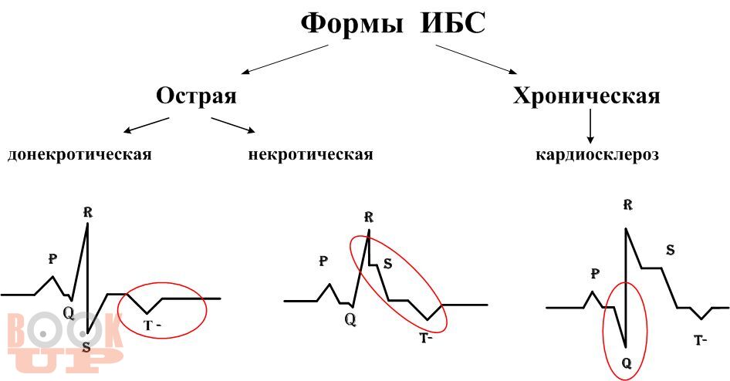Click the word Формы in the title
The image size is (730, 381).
[x=352, y=24]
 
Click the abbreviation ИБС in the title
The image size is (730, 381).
[x=453, y=23]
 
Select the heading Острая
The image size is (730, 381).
[x=196, y=96]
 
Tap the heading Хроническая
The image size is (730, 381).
[x=586, y=96]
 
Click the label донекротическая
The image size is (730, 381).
[x=79, y=154]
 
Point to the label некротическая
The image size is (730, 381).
[x=310, y=154]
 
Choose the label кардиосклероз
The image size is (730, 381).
[x=597, y=154]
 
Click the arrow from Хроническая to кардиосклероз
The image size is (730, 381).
[x=590, y=126]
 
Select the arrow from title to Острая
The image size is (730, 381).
[x=285, y=59]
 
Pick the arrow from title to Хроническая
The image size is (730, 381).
[x=476, y=59]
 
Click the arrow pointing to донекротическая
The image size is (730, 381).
[x=146, y=125]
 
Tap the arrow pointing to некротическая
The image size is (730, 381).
[x=233, y=125]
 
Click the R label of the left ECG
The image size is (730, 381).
[x=87, y=213]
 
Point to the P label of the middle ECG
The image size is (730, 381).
[x=323, y=261]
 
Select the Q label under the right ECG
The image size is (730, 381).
[x=627, y=362]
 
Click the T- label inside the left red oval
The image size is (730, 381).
[x=152, y=325]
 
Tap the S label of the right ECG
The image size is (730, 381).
[x=670, y=251]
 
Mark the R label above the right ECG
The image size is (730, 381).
[x=627, y=204]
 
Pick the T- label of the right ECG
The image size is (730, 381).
[x=701, y=341]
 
